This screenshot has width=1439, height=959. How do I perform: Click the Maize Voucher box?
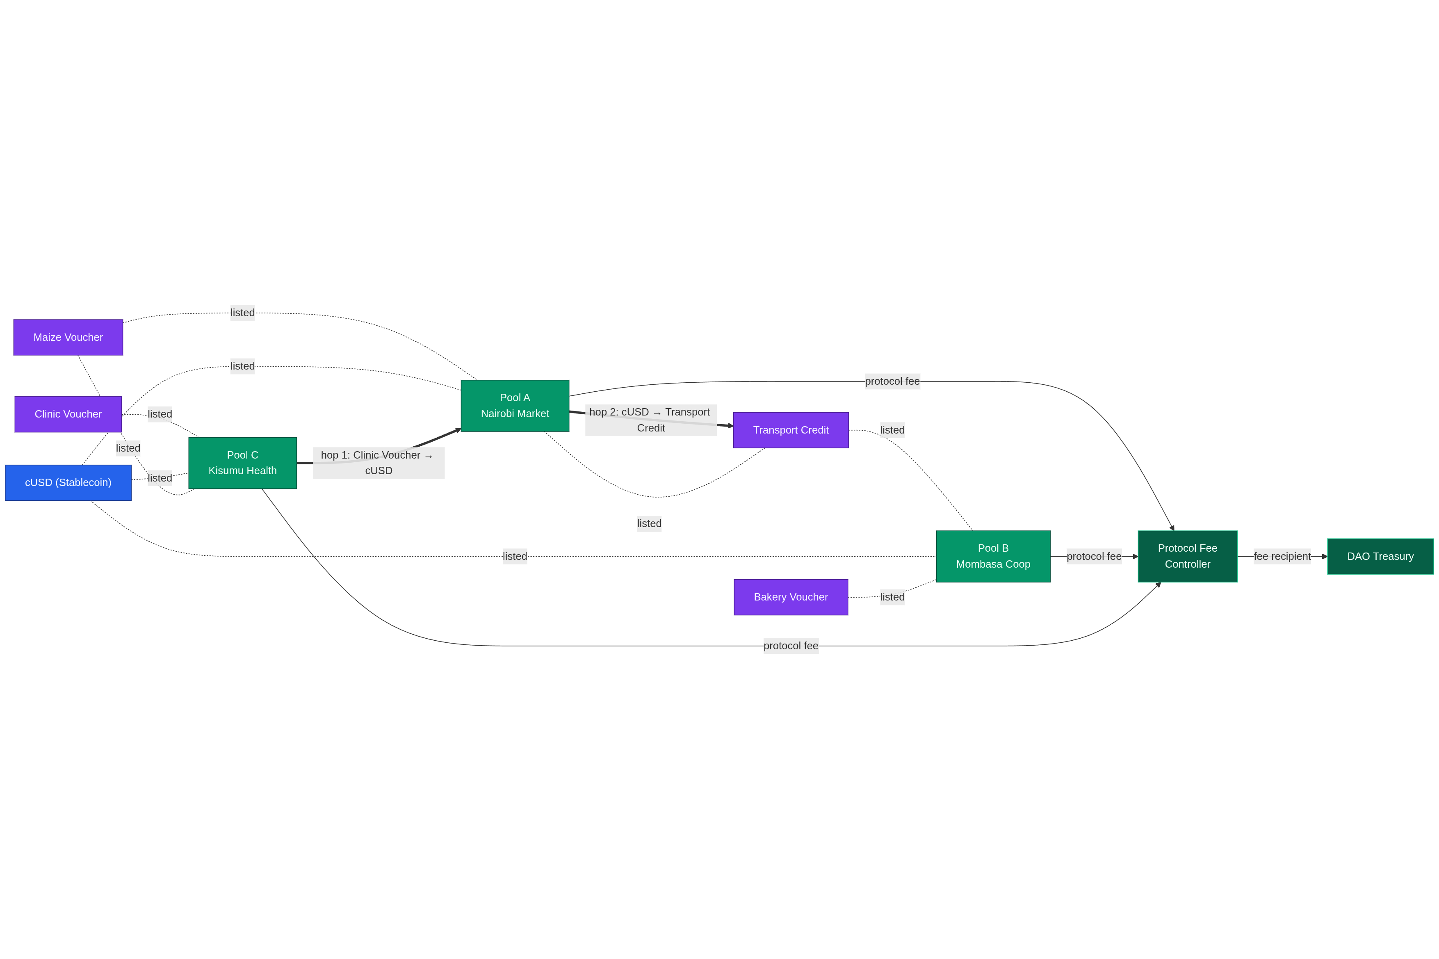coord(68,337)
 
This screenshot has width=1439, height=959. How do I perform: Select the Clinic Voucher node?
coord(68,414)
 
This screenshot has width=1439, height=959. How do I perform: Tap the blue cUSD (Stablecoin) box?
coord(68,482)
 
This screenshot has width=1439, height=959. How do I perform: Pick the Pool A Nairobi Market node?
coord(515,406)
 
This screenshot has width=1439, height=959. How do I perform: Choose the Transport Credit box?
coord(790,430)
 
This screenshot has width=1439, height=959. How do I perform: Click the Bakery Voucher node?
coord(790,597)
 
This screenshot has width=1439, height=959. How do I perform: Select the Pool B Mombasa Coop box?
coord(993,556)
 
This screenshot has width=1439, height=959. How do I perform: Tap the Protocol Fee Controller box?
coord(1187,556)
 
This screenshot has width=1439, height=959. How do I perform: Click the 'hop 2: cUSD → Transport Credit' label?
coord(650,420)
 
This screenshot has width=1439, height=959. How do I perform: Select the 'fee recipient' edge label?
coord(1282,556)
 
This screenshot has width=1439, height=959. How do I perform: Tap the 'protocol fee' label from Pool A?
coord(892,381)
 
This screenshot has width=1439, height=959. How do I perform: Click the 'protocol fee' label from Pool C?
coord(790,646)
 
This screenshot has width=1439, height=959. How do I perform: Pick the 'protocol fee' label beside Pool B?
coord(1094,556)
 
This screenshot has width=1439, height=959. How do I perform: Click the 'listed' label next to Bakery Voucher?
coord(892,597)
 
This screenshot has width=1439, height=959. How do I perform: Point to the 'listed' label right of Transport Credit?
coord(892,430)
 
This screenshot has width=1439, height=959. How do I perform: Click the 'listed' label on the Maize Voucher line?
coord(242,313)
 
